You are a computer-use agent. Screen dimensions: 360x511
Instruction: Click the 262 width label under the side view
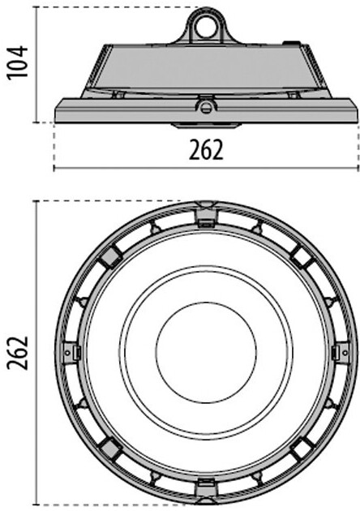pos(206,149)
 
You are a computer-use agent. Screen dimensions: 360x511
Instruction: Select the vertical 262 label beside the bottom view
pos(18,353)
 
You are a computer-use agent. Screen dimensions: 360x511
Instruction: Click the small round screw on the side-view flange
pos(206,107)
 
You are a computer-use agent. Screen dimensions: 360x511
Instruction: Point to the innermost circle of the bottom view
pos(206,353)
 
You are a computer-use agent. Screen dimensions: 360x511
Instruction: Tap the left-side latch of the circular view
pos(71,353)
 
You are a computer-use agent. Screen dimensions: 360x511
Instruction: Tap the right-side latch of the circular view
pos(341,353)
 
